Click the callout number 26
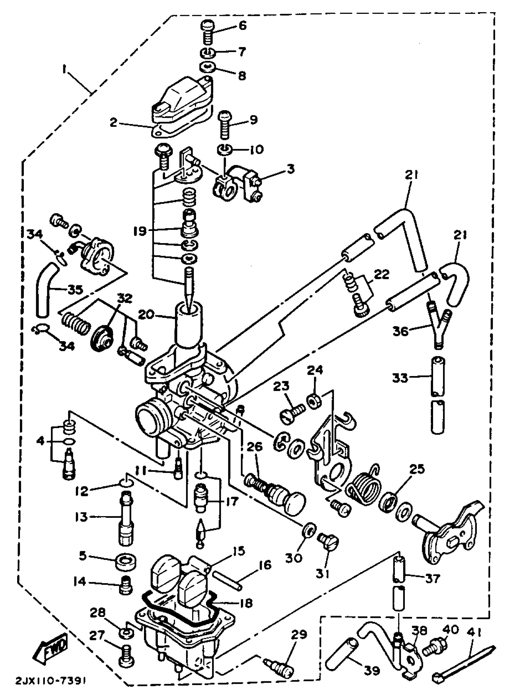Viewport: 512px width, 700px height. [255, 447]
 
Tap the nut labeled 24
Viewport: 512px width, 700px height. [314, 401]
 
